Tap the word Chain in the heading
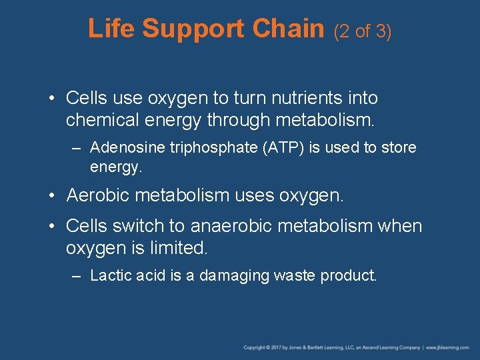(288, 29)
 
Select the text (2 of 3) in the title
(362, 31)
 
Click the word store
(398, 147)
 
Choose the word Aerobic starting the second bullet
(98, 196)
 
